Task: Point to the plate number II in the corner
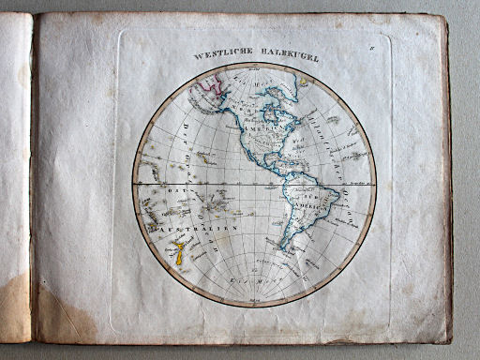click(x=371, y=38)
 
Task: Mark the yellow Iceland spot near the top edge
click(x=304, y=82)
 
